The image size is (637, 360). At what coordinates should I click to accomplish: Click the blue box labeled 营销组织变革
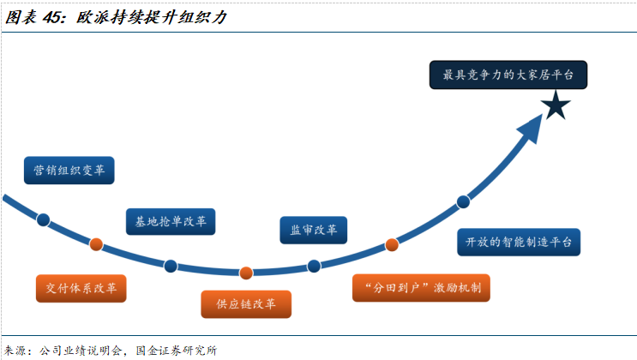tap(69, 170)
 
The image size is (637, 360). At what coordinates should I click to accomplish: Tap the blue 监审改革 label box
tap(313, 229)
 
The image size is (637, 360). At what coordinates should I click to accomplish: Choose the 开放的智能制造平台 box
tap(519, 242)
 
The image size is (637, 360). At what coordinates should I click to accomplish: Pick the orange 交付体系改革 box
tap(81, 287)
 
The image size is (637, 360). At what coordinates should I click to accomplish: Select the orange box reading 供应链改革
tap(246, 303)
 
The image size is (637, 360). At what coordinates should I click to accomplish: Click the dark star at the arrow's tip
tap(555, 106)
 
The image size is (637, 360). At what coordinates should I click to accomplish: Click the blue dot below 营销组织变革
tap(44, 219)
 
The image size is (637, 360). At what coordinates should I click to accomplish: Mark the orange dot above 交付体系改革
tap(96, 245)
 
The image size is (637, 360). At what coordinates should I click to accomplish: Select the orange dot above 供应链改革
tap(246, 273)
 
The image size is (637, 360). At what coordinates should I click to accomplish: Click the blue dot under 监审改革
tap(314, 266)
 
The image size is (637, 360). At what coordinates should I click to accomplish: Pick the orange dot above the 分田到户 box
tap(392, 244)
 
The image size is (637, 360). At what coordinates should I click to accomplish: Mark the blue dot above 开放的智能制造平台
tap(464, 202)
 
